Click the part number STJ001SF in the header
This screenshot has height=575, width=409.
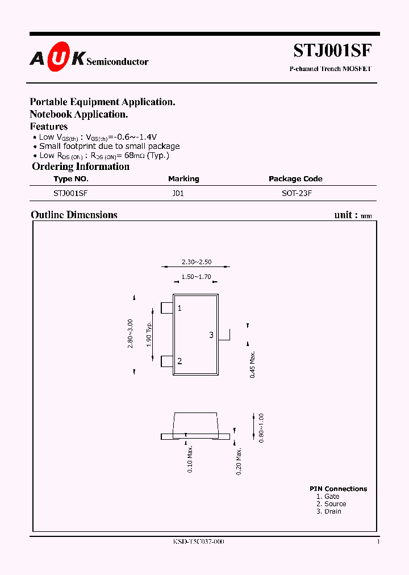[333, 51]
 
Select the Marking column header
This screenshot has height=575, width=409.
[183, 179]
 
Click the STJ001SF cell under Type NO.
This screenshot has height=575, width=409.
[70, 193]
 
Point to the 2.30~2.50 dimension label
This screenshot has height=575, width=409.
[197, 262]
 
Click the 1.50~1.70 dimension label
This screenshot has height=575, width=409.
[197, 277]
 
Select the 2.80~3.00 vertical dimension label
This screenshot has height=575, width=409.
[131, 334]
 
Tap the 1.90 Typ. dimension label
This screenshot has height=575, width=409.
[148, 334]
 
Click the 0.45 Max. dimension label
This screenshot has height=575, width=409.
[253, 365]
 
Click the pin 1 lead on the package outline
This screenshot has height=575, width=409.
[167, 308]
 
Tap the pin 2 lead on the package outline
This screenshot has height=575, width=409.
[167, 361]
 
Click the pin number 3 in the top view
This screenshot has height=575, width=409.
[211, 335]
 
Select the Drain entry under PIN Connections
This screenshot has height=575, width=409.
[329, 511]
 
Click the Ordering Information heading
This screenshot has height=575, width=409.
[81, 166]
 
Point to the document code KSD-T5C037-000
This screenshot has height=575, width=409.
[198, 542]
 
